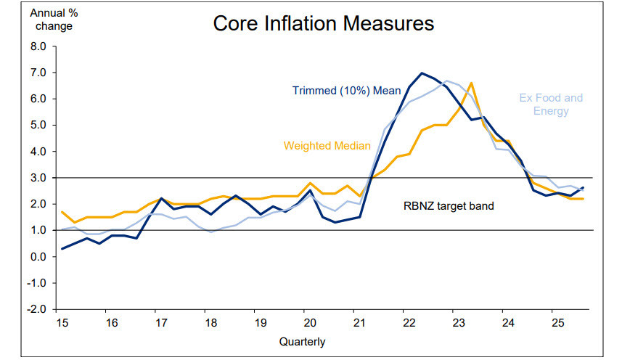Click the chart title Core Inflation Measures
coord(324,23)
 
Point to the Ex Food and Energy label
coord(551,105)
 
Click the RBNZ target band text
coord(449,206)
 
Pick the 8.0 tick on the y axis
coord(38,46)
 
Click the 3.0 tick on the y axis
coord(38,178)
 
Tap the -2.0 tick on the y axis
coord(37,309)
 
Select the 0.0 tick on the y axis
coord(38,257)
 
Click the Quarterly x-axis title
coord(302,341)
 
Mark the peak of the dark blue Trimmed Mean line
coord(422,73)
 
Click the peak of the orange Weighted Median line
coord(471,83)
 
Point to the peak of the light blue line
coord(447,81)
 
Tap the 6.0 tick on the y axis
coord(38,99)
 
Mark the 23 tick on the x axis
coord(454,322)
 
